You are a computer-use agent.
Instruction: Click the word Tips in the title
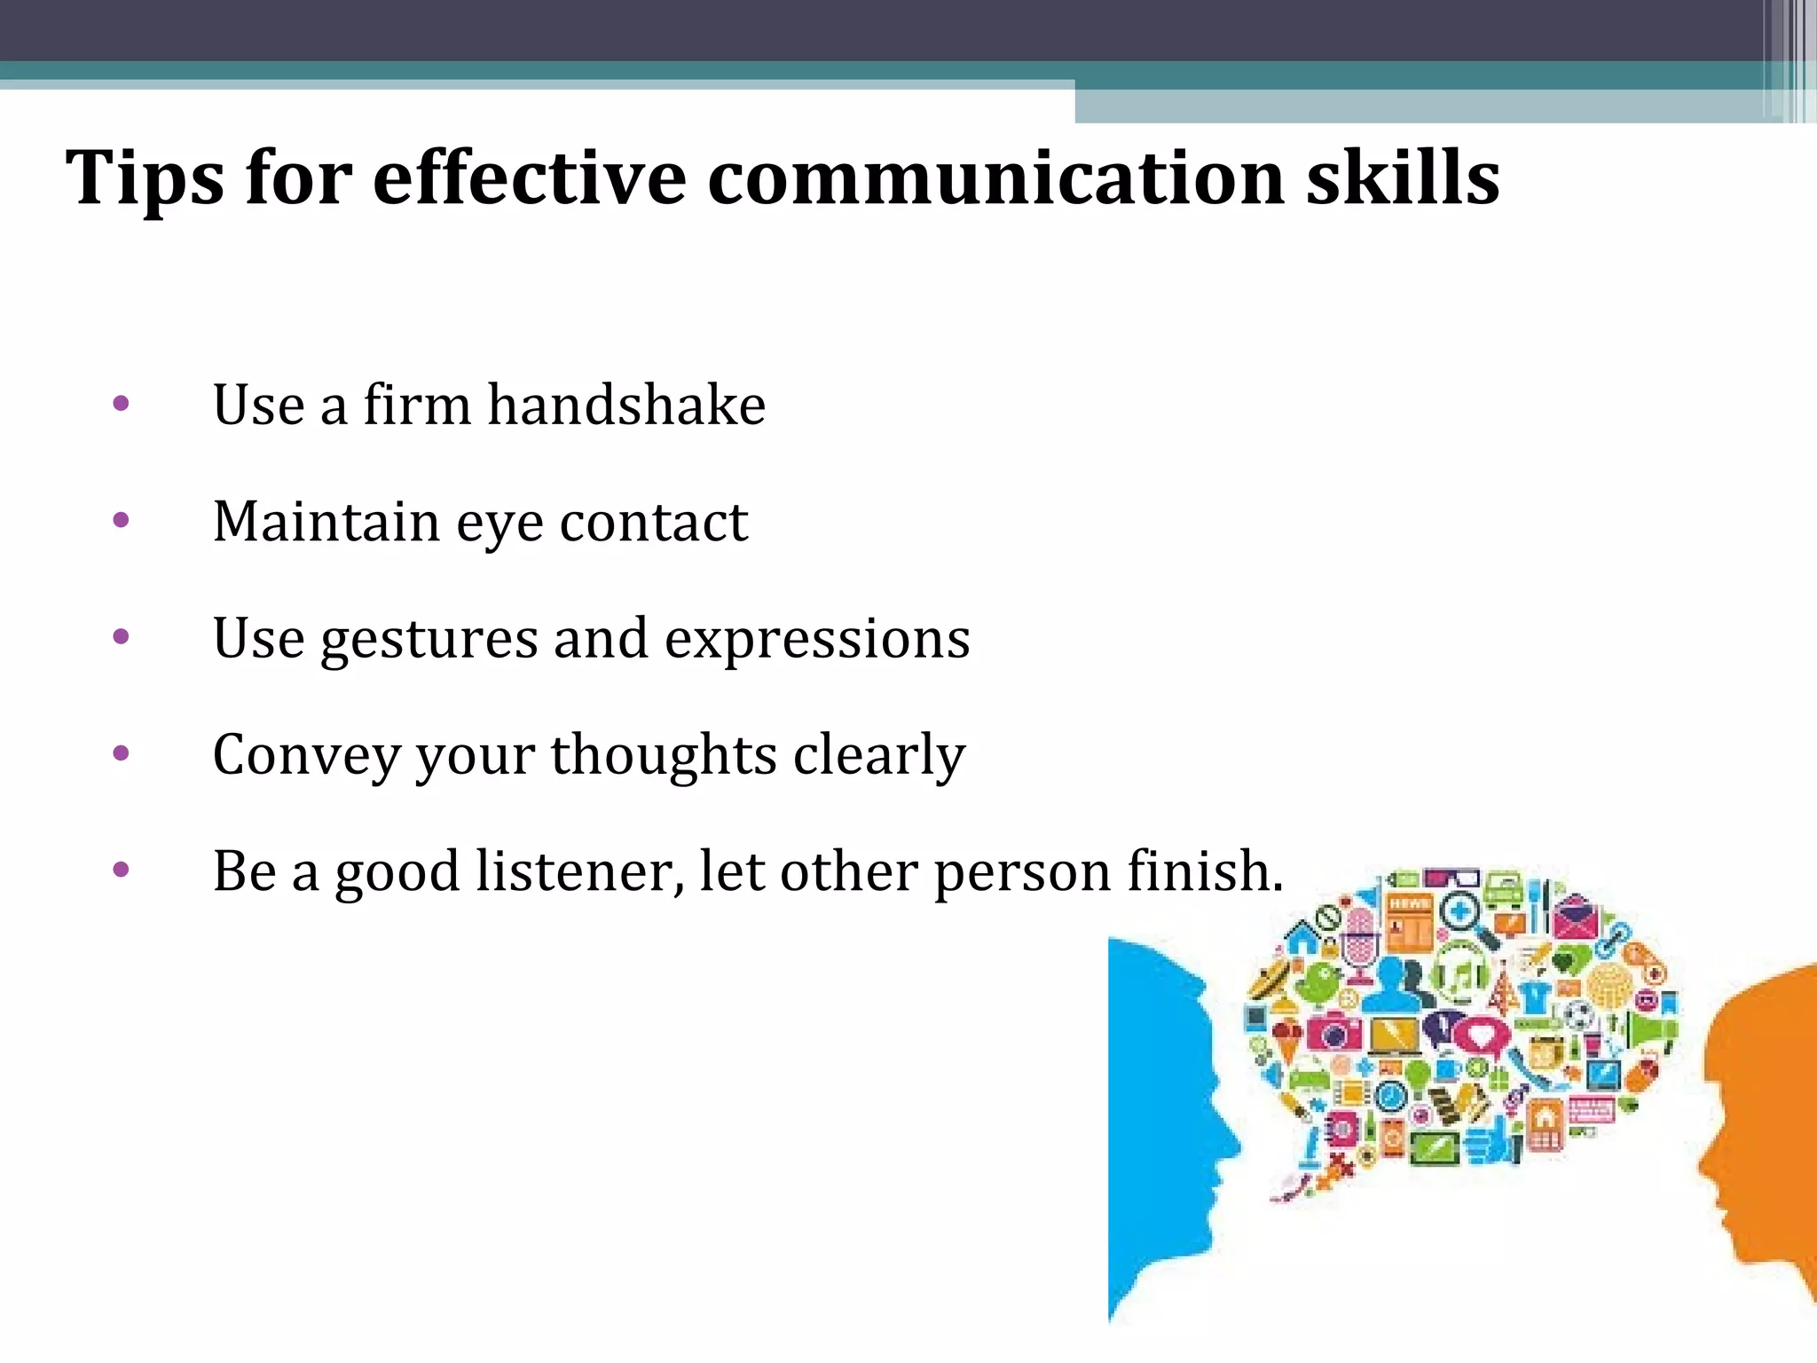pos(145,178)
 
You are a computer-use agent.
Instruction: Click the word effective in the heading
pos(529,178)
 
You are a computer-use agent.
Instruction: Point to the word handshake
pos(626,406)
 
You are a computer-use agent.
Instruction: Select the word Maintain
pos(326,522)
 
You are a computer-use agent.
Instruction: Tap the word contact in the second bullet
pos(654,522)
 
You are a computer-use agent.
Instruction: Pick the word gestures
pos(429,639)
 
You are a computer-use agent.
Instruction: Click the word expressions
pos(817,639)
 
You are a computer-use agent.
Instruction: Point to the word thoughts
pos(664,755)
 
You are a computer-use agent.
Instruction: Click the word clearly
pos(878,755)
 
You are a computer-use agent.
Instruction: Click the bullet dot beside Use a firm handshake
pos(122,405)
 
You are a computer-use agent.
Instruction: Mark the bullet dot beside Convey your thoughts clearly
pos(122,754)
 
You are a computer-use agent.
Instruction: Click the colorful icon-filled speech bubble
pos(1464,1020)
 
